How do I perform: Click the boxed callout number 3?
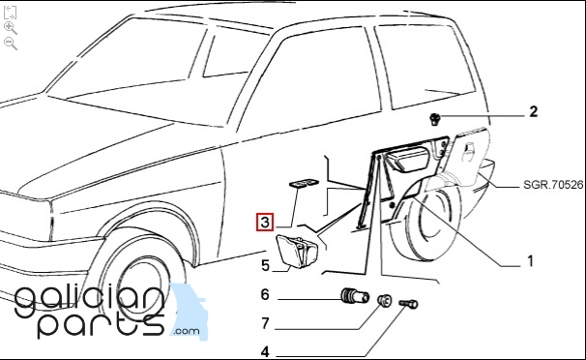tap(265, 222)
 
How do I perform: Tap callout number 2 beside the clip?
tap(534, 111)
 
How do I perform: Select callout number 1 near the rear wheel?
tap(530, 261)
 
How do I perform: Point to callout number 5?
tap(265, 266)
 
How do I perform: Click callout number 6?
tap(265, 294)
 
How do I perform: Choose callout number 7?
tap(265, 323)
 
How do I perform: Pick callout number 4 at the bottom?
tap(265, 352)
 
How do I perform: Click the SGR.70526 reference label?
tap(553, 185)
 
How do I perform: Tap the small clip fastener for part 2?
tap(434, 119)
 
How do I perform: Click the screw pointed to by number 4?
tap(408, 304)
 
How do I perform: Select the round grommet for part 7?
tap(384, 299)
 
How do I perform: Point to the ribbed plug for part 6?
tap(355, 296)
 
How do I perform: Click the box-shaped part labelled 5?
tap(296, 251)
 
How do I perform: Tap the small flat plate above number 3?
tap(304, 183)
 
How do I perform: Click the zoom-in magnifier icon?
tap(10, 28)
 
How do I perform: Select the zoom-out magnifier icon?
tap(10, 44)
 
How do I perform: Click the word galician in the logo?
tap(89, 300)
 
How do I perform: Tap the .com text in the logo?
tap(187, 331)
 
